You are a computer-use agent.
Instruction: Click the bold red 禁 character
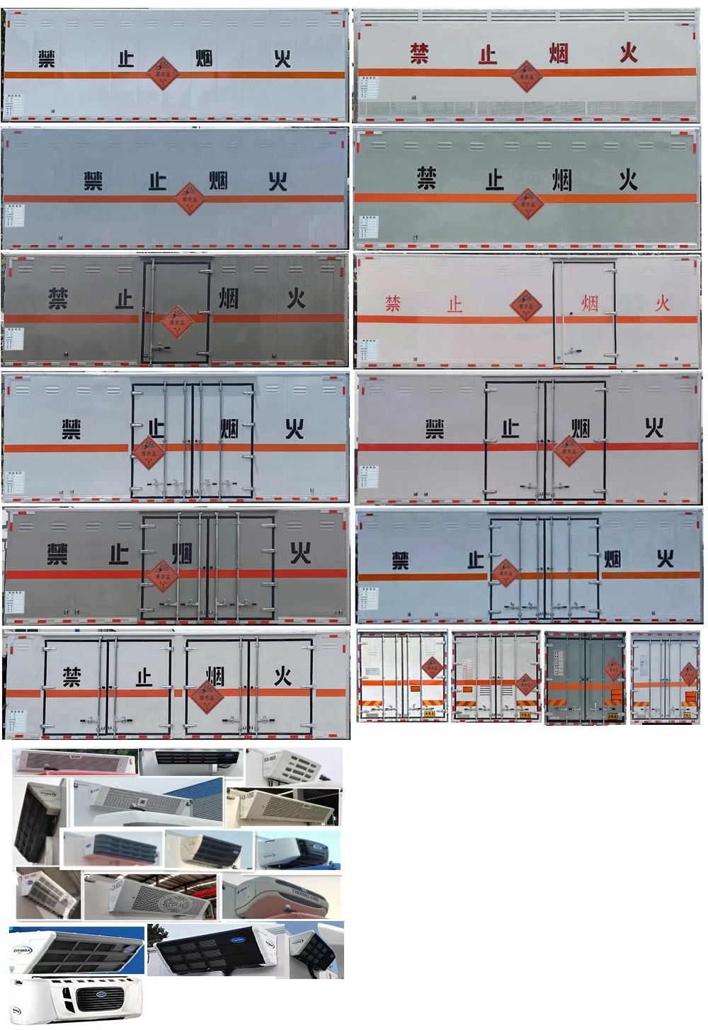click(x=419, y=53)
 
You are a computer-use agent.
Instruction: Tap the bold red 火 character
click(x=628, y=52)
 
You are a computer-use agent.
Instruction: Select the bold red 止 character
click(x=488, y=54)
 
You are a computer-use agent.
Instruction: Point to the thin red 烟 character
click(x=590, y=304)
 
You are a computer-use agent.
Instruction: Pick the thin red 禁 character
click(x=393, y=304)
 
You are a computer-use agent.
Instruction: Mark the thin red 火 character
click(x=662, y=304)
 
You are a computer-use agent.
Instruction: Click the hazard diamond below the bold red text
click(x=526, y=76)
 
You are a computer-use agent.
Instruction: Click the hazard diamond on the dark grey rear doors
click(x=613, y=669)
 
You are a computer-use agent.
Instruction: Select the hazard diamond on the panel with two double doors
click(x=206, y=697)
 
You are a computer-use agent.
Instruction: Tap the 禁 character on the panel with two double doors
click(x=72, y=677)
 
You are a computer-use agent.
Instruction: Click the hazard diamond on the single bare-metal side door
click(x=176, y=322)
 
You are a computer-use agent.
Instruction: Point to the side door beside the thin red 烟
click(x=585, y=311)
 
